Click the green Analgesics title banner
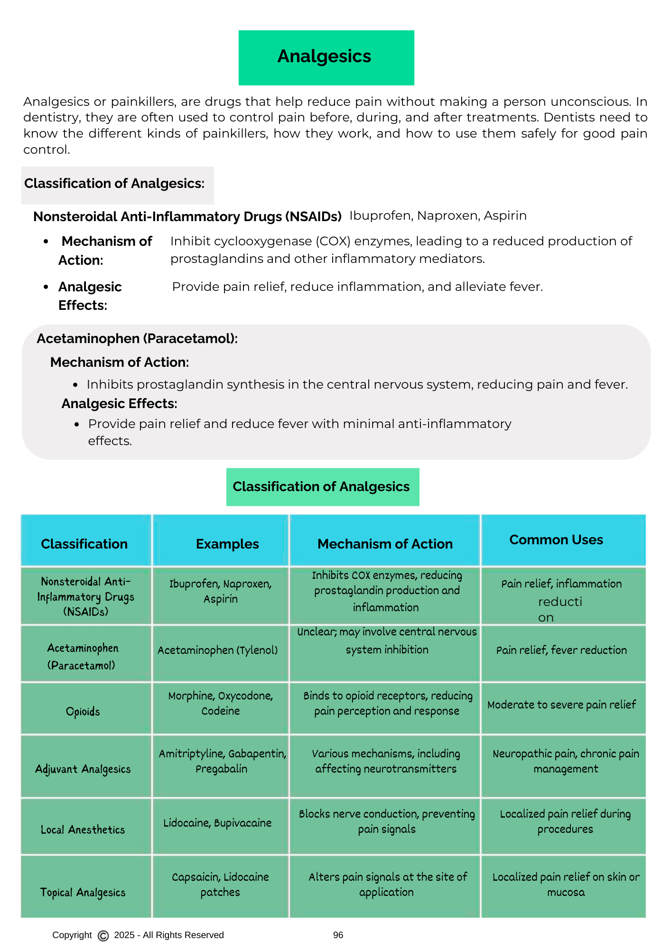pos(326,57)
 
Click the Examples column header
pos(227,544)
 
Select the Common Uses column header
pos(556,540)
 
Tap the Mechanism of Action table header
pos(385,544)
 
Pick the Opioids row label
pos(83,711)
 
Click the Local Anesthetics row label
pos(83,829)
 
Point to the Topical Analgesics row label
pos(83,893)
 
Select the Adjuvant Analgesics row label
pos(83,769)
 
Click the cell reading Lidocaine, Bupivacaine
pos(217,823)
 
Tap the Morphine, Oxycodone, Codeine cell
pos(221,703)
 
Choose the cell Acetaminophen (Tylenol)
pos(217,650)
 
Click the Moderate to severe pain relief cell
pos(561,705)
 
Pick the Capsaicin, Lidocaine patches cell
pos(220,884)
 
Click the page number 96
pos(338,935)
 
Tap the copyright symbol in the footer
pos(103,936)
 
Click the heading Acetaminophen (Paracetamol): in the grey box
pos(137,339)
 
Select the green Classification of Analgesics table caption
pos(321,487)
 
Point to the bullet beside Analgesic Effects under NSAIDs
pos(46,287)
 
